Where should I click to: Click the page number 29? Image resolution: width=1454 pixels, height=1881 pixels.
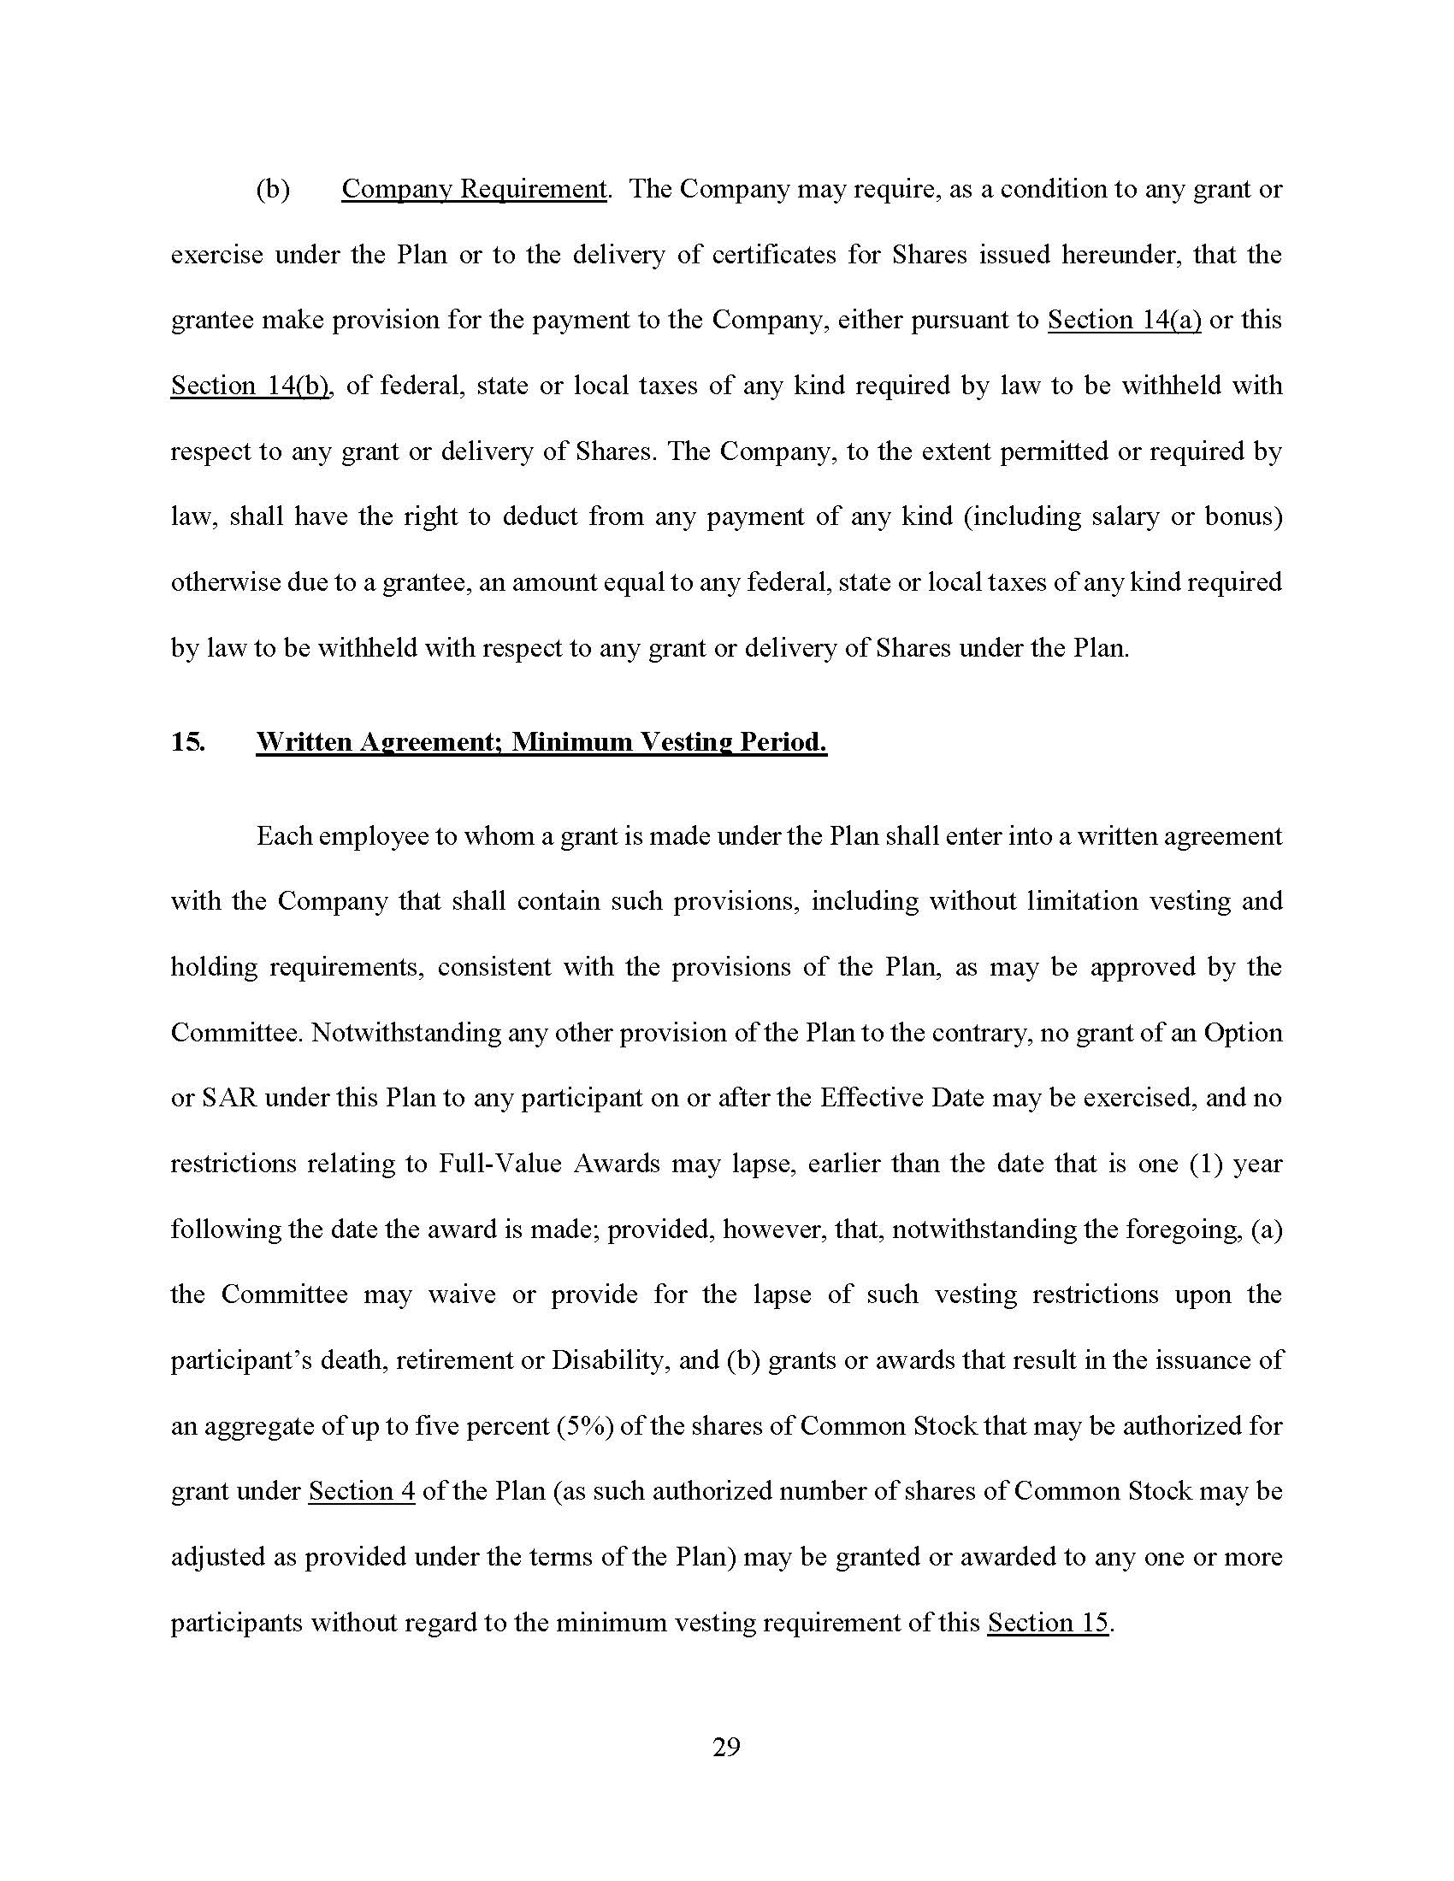pyautogui.click(x=726, y=1747)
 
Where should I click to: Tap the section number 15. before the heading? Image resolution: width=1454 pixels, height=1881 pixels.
pyautogui.click(x=188, y=741)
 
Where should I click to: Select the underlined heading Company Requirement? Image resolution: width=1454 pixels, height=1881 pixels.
pyautogui.click(x=474, y=189)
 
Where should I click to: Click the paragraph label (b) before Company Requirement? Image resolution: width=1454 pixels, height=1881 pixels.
pyautogui.click(x=272, y=189)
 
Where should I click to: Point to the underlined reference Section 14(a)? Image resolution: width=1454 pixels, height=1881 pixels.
pyautogui.click(x=1123, y=320)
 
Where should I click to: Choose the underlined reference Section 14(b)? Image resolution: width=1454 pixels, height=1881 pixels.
pyautogui.click(x=251, y=385)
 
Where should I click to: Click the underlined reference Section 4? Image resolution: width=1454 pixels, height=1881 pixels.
pyautogui.click(x=362, y=1491)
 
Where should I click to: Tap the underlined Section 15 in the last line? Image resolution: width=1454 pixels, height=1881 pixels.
pyautogui.click(x=1048, y=1622)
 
